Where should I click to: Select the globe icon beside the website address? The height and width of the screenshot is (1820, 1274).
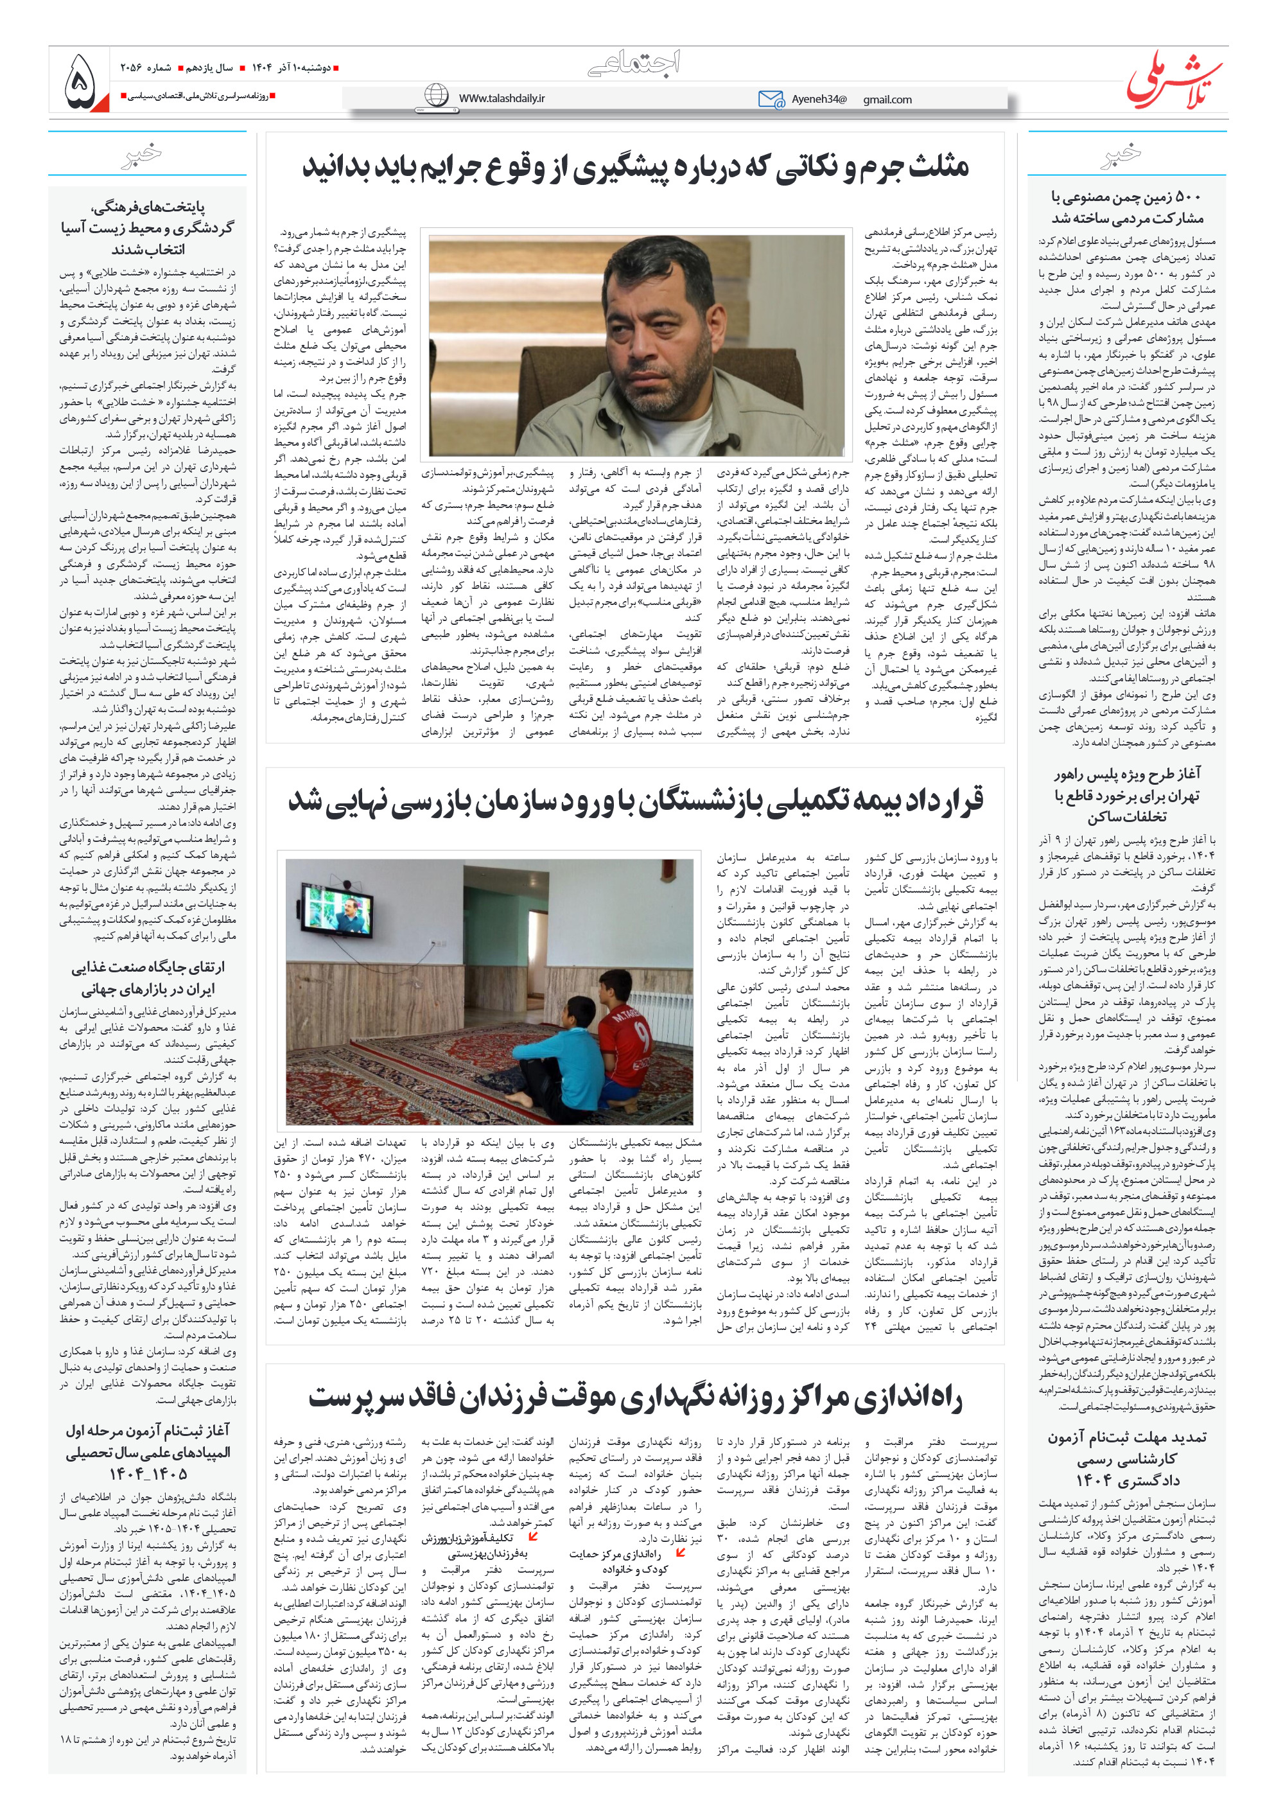(x=436, y=96)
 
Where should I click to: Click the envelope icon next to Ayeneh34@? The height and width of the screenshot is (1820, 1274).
(x=770, y=99)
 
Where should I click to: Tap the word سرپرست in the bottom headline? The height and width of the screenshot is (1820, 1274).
(x=351, y=1398)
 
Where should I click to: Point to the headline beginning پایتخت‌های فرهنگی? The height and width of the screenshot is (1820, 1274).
(x=148, y=228)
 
